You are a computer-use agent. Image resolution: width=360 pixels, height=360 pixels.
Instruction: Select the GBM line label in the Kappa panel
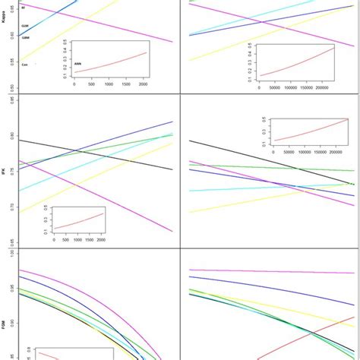tap(27, 37)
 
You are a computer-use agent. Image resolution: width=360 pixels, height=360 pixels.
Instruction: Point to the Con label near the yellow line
tap(25, 65)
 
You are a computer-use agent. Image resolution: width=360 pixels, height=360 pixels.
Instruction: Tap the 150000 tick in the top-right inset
tap(311, 88)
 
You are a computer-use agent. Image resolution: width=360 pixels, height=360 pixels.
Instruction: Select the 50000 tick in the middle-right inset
tap(284, 152)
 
